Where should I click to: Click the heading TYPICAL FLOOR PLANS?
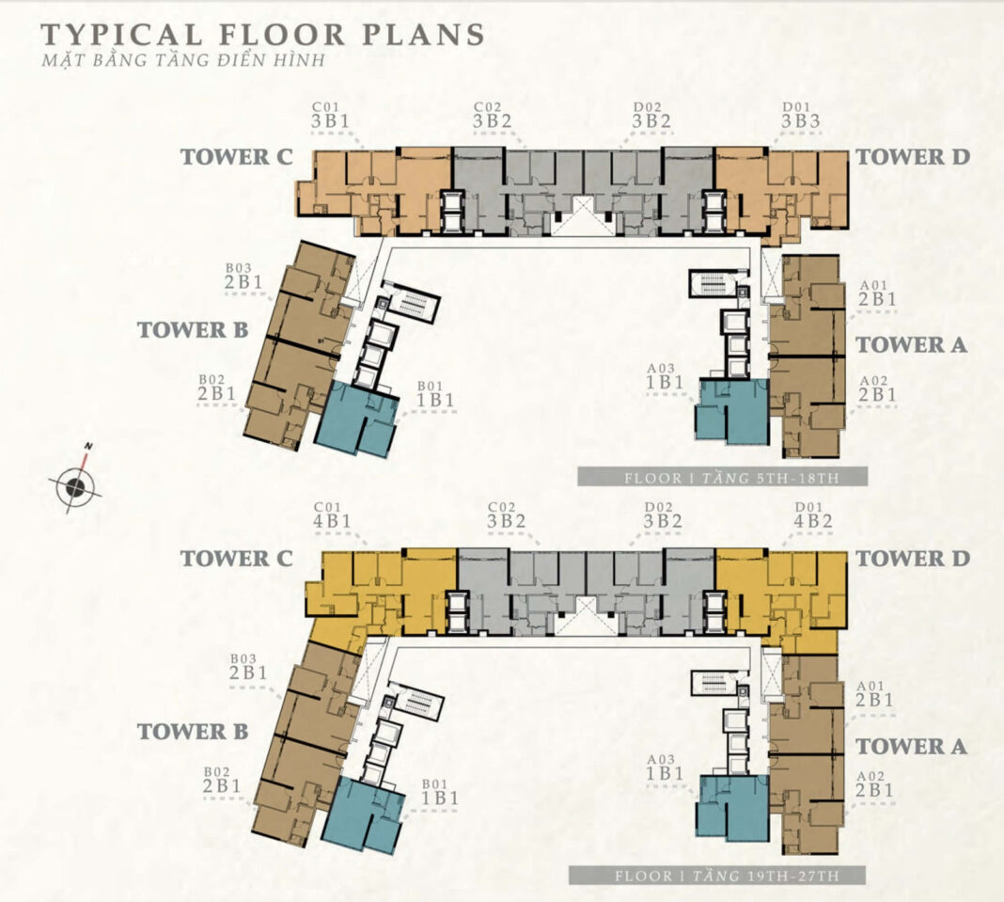262,35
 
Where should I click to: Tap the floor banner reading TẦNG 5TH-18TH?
722,477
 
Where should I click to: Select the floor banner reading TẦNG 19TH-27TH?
717,876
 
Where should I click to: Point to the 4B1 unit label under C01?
332,521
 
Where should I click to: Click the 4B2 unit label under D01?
813,521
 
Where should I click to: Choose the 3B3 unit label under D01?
800,121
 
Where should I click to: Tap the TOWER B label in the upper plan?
192,330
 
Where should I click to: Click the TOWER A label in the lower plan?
912,746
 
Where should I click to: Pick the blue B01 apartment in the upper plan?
356,418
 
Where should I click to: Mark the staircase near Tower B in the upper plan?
414,304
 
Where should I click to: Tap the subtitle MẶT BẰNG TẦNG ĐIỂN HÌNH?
183,61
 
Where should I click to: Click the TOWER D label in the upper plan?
913,157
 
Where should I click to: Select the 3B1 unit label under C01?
330,121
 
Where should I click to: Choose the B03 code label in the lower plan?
243,658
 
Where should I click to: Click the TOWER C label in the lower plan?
236,559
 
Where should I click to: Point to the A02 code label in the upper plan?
873,381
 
